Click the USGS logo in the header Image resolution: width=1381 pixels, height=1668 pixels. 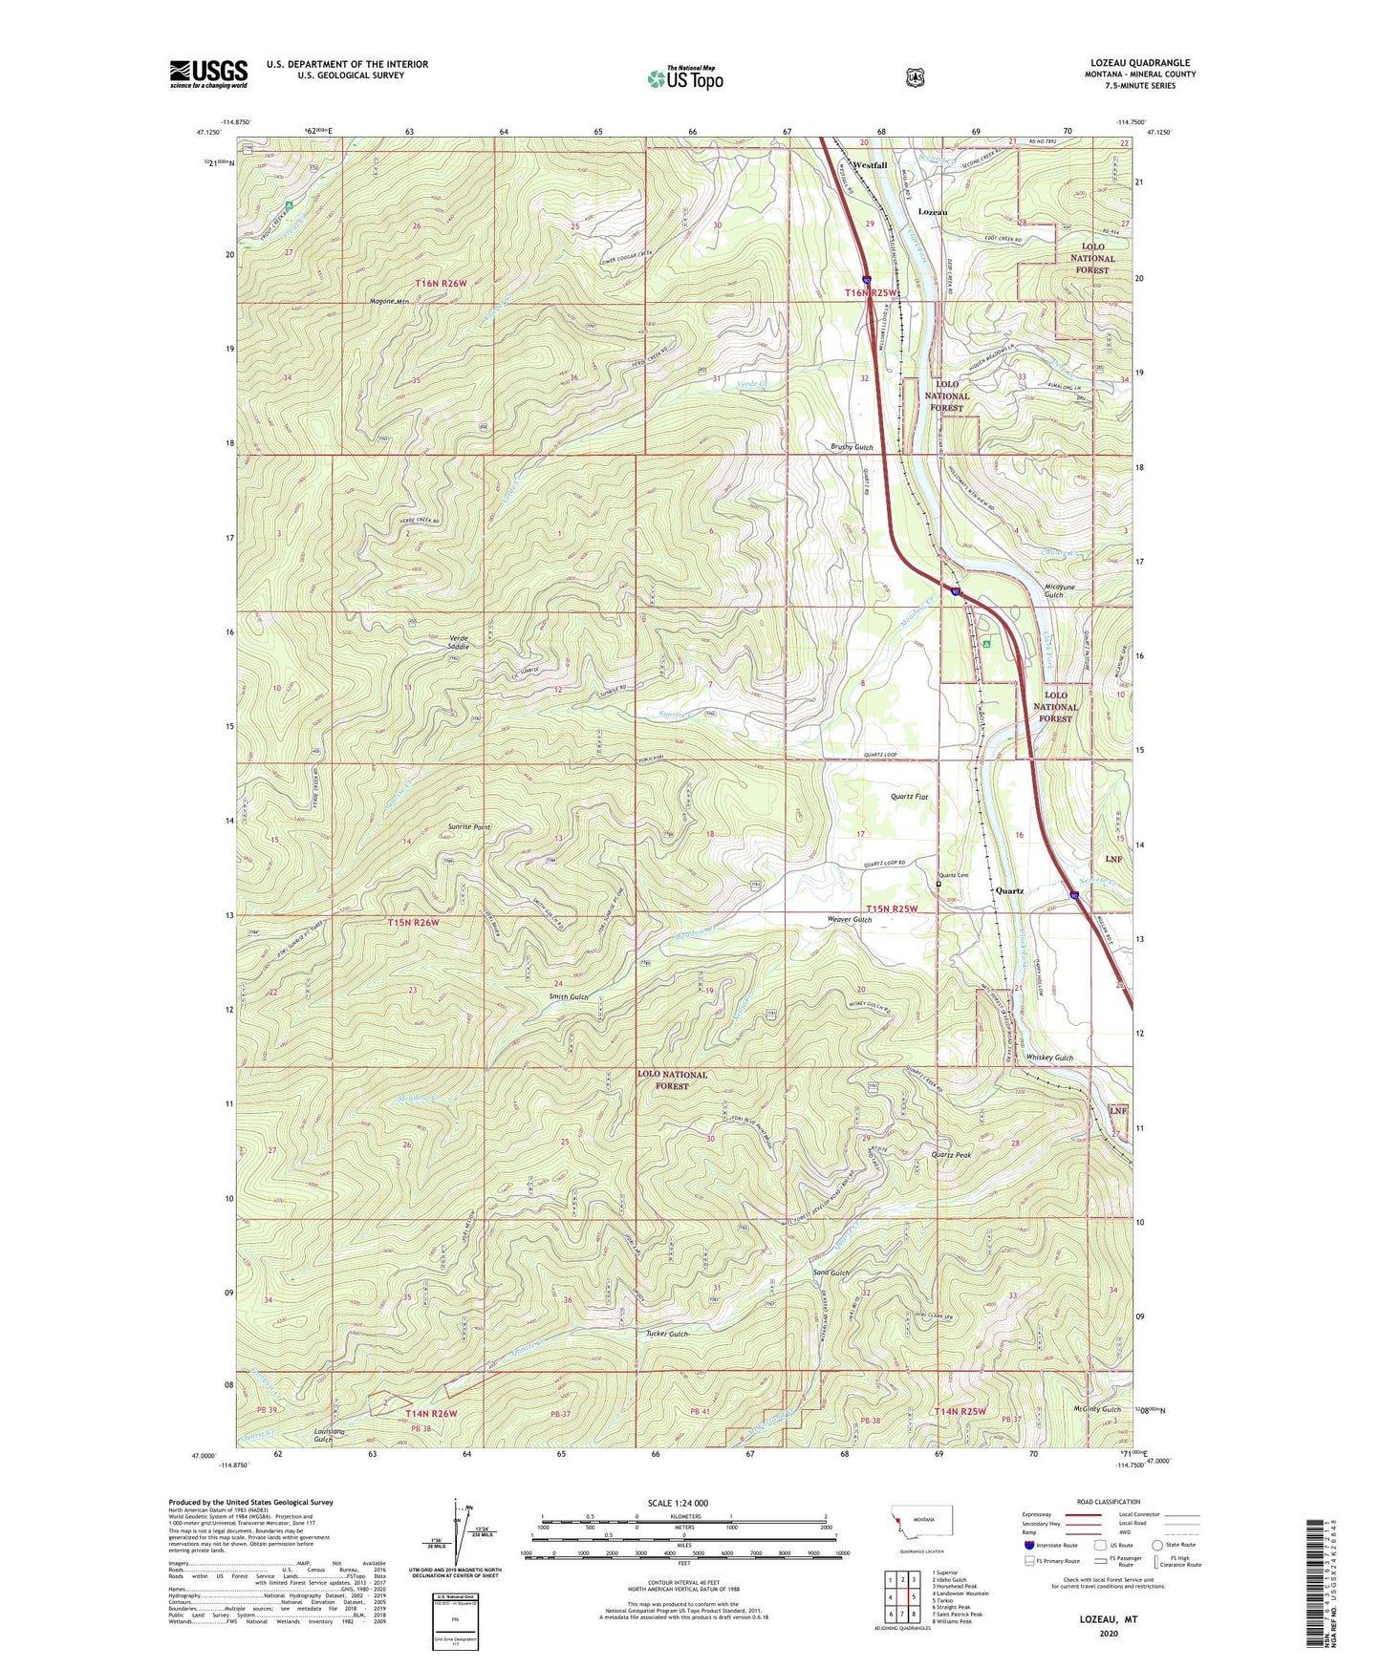pos(208,74)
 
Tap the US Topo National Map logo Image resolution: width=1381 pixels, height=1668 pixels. pos(684,77)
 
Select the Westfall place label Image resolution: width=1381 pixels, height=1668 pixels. pos(870,165)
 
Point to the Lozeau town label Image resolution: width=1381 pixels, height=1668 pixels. pos(933,211)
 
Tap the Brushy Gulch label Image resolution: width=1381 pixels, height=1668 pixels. pos(852,447)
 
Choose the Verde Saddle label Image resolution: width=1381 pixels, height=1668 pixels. pos(458,642)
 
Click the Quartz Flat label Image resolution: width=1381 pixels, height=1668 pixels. pos(909,796)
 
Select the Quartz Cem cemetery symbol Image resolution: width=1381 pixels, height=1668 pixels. pos(939,884)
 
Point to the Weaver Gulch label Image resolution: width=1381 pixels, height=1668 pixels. pos(849,919)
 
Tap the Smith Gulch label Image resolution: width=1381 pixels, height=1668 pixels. pos(569,996)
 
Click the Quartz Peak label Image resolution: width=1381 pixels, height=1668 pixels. pos(951,1155)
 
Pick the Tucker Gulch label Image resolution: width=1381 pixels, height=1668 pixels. pos(665,1334)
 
